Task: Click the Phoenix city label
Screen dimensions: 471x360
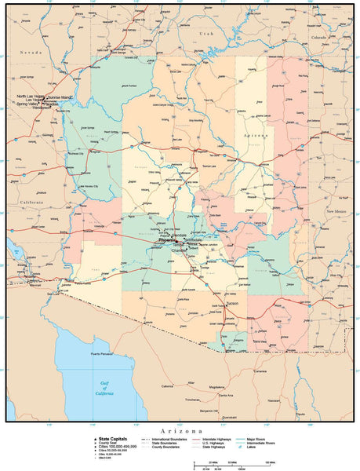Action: pyautogui.click(x=167, y=240)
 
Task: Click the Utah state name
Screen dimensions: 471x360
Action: pyautogui.click(x=205, y=35)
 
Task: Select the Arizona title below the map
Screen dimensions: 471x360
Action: pyautogui.click(x=180, y=431)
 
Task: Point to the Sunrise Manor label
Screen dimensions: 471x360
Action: pyautogui.click(x=64, y=97)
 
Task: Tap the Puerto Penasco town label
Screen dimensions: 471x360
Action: pyautogui.click(x=104, y=355)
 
